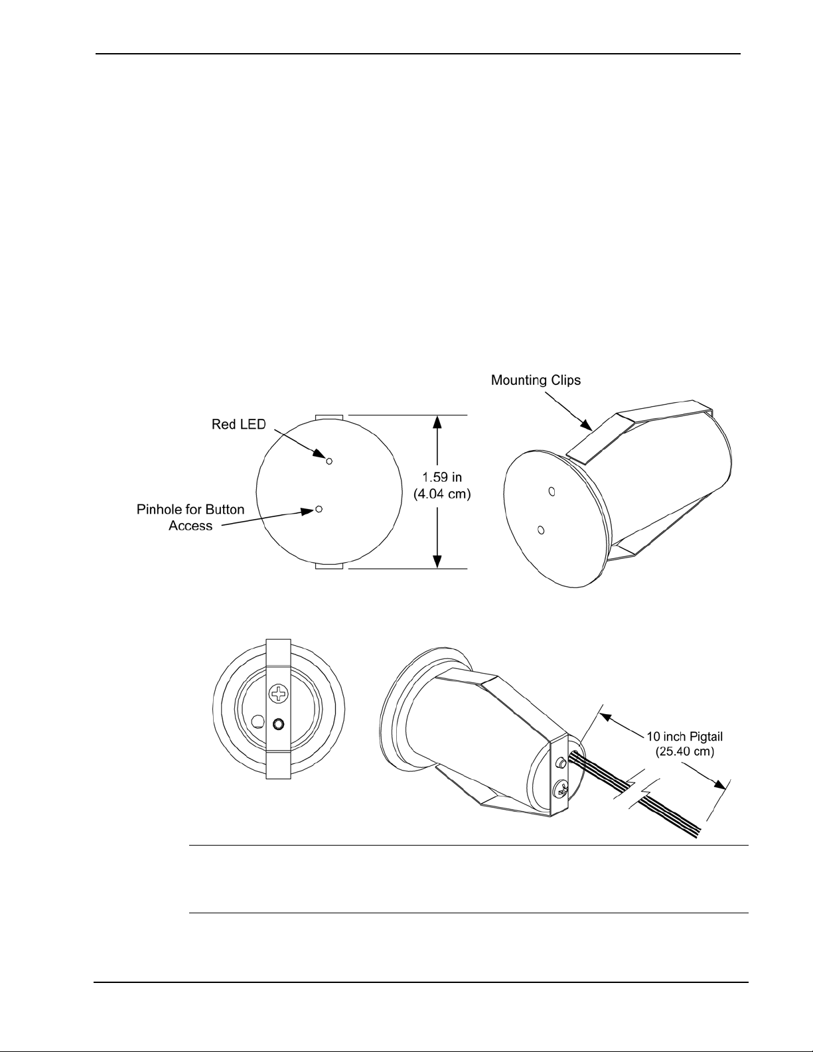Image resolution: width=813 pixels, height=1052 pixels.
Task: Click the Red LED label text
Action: coord(238,425)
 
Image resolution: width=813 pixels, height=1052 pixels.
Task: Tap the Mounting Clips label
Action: coord(536,380)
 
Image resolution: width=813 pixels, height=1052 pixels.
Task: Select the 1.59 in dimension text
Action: coord(442,477)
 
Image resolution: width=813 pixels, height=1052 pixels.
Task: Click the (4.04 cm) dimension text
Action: coord(442,494)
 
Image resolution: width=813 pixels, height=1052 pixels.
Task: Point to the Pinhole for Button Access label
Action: coord(190,518)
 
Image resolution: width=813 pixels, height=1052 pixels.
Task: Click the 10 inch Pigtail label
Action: coord(685,737)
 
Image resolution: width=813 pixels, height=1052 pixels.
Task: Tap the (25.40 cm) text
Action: coord(685,752)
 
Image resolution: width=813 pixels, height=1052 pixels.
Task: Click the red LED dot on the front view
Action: coord(329,461)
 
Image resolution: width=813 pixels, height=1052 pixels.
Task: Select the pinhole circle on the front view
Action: coord(319,509)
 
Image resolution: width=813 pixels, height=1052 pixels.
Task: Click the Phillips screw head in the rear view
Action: coord(279,695)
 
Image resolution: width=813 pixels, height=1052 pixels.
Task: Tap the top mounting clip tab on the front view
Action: coord(329,417)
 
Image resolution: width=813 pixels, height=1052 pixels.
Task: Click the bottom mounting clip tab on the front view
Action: coord(329,565)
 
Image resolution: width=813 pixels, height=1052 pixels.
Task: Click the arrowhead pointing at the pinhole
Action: coord(308,511)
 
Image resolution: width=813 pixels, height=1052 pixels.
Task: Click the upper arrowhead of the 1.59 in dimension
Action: coord(437,423)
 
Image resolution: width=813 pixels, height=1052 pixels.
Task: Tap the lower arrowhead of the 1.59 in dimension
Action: coord(437,560)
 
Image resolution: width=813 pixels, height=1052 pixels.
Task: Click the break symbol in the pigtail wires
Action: coord(638,790)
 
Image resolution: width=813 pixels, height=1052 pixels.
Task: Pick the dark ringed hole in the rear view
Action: coord(278,724)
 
